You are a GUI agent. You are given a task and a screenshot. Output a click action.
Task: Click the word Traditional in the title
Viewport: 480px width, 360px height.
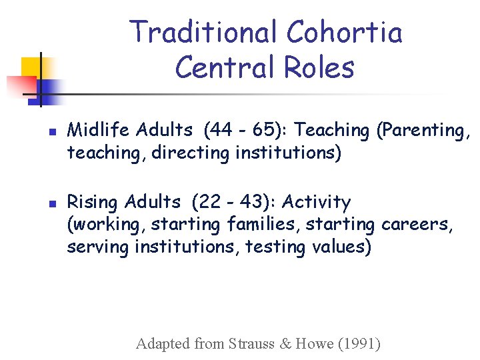point(203,32)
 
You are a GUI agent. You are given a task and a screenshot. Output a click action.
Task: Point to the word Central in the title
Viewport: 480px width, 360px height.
point(223,67)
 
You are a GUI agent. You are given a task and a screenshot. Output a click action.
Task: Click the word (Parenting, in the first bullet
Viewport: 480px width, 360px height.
point(423,130)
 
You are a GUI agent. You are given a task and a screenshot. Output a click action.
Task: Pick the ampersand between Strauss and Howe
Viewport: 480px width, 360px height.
point(285,344)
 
